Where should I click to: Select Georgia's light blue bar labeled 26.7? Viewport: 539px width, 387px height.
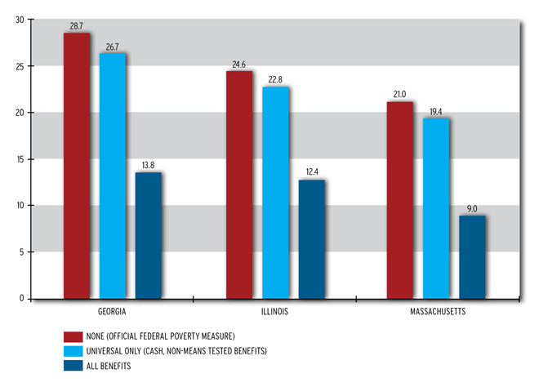[x=113, y=176]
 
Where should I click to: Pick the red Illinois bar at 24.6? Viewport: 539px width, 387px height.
[x=239, y=185]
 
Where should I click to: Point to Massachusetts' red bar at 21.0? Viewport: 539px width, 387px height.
[x=400, y=200]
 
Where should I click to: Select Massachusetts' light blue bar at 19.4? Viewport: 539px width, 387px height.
[x=436, y=208]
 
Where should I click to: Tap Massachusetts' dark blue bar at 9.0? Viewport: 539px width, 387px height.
[x=472, y=256]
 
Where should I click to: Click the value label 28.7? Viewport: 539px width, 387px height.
[x=78, y=27]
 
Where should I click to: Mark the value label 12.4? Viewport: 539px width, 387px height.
[x=311, y=172]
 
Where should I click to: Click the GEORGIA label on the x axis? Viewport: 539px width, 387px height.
[x=112, y=312]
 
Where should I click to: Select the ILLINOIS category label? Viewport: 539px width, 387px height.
[x=274, y=312]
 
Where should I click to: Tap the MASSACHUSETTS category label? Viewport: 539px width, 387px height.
[x=436, y=312]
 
